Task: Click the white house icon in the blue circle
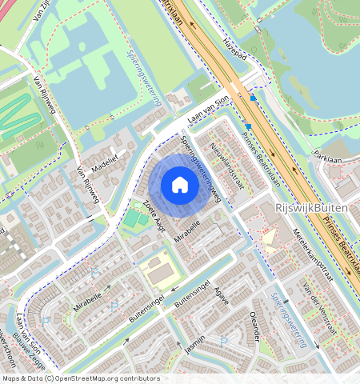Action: pyautogui.click(x=180, y=186)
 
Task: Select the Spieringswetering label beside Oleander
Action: pyautogui.click(x=290, y=320)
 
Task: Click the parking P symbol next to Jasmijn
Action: pyautogui.click(x=223, y=341)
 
